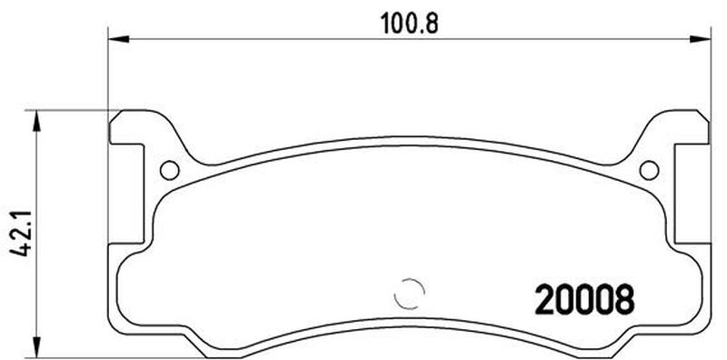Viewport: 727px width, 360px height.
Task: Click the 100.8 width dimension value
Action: pos(410,24)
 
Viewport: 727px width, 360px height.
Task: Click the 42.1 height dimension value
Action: pos(21,234)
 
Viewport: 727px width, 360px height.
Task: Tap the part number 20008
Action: pos(584,299)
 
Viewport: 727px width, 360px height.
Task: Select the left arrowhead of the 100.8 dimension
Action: pos(118,39)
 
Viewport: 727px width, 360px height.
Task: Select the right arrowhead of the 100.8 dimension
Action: pos(700,39)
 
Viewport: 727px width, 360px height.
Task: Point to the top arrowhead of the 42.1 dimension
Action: pos(36,121)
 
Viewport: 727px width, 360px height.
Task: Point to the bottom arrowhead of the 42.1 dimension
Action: pos(36,348)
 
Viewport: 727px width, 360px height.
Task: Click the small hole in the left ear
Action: pos(170,170)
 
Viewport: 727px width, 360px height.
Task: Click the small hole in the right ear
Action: pos(649,170)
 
